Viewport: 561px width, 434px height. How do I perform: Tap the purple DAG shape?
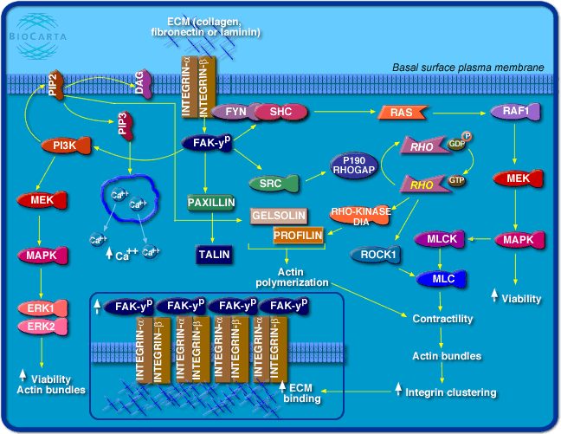(145, 83)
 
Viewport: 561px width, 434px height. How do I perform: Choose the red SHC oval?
(280, 112)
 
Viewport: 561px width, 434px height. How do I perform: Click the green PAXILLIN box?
(211, 204)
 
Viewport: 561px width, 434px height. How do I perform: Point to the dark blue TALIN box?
(211, 255)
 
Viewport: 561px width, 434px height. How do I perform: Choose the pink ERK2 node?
(40, 327)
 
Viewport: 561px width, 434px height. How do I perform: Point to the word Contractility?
(442, 319)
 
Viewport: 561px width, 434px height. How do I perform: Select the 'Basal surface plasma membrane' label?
(467, 67)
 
